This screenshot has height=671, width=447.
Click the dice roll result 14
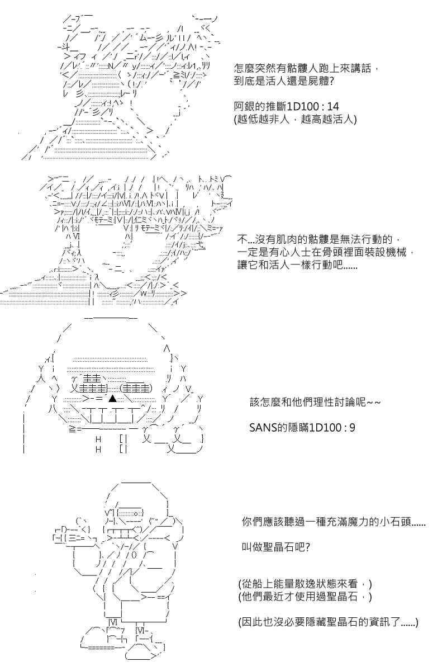coord(332,106)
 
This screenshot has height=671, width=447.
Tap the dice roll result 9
coord(352,427)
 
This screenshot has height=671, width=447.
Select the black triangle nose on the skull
coord(112,398)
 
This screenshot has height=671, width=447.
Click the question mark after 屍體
coord(331,82)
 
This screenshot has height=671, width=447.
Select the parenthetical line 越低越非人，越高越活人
coord(295,120)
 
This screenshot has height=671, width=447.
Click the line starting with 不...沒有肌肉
coord(319,239)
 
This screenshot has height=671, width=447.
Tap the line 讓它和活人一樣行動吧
coord(297,265)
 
